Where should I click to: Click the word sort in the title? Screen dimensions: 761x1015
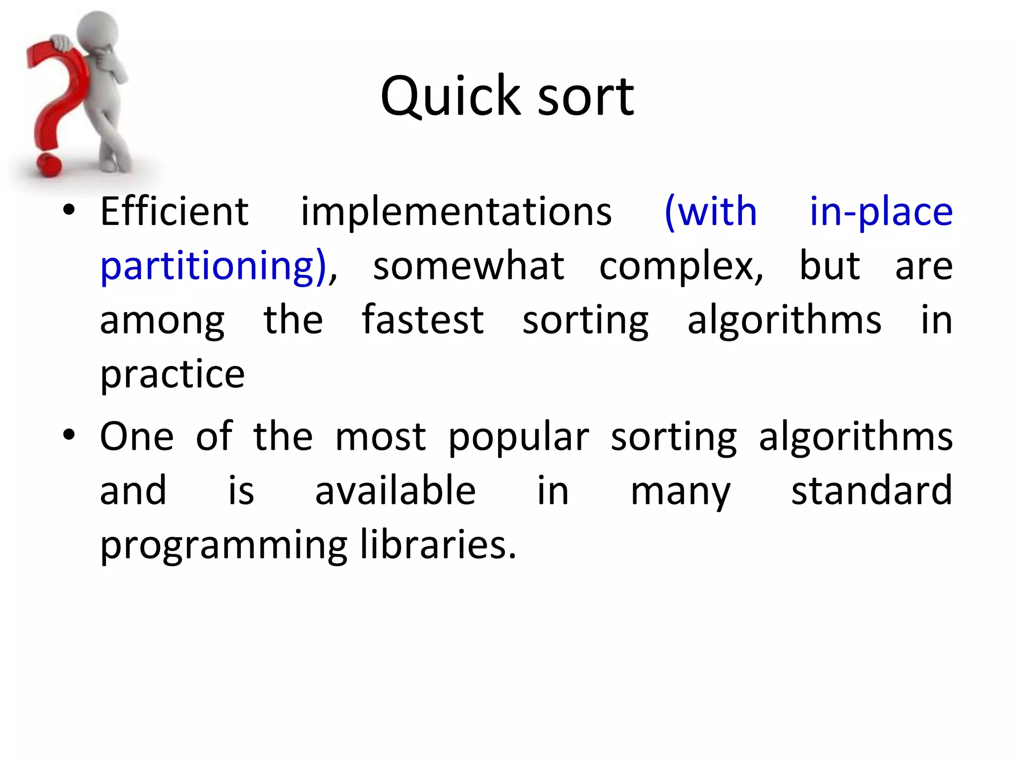pos(585,96)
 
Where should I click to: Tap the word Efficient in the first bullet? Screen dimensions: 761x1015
pos(174,212)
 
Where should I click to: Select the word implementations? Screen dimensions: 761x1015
pos(456,212)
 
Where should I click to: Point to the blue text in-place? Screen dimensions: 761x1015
pos(881,212)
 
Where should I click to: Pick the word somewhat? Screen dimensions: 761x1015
pos(468,267)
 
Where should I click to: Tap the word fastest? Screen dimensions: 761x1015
pos(422,320)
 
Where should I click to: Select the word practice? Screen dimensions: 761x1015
pos(172,375)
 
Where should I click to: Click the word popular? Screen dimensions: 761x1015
pos(518,437)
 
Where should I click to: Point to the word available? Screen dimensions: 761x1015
pos(395,490)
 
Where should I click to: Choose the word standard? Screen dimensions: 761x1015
pos(871,490)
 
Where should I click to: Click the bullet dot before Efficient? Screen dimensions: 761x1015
pos(69,211)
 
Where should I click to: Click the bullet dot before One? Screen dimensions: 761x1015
pos(69,435)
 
